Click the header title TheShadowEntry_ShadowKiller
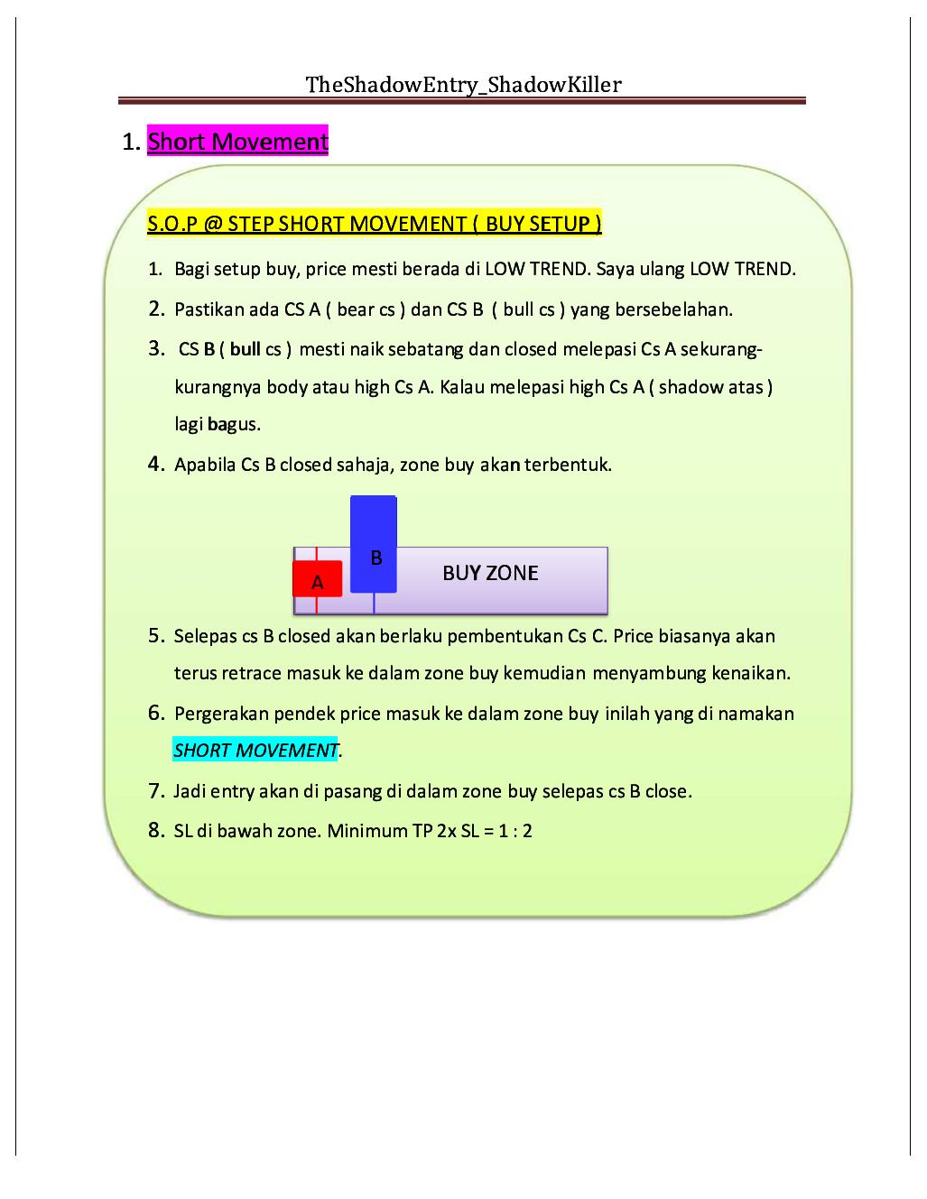(x=463, y=85)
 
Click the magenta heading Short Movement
(x=237, y=142)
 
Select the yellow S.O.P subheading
(x=375, y=223)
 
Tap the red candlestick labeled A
(x=317, y=579)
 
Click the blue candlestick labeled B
(x=374, y=543)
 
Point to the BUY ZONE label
(x=490, y=573)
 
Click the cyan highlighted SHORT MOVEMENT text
(x=255, y=751)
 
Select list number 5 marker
(x=156, y=636)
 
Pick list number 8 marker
(x=156, y=830)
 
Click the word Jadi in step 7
(x=189, y=791)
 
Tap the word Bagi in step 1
(x=190, y=269)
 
